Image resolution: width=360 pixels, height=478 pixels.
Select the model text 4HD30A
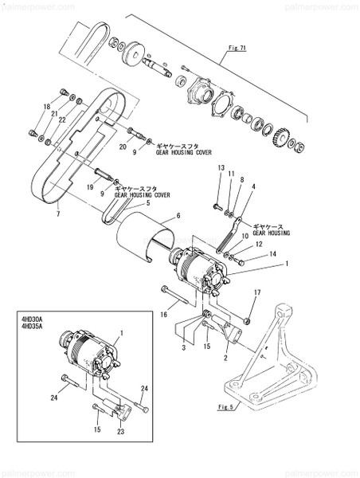[x=33, y=316]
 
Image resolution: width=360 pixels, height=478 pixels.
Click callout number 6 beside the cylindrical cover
[x=178, y=216]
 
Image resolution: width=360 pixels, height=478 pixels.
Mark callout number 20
[x=123, y=146]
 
